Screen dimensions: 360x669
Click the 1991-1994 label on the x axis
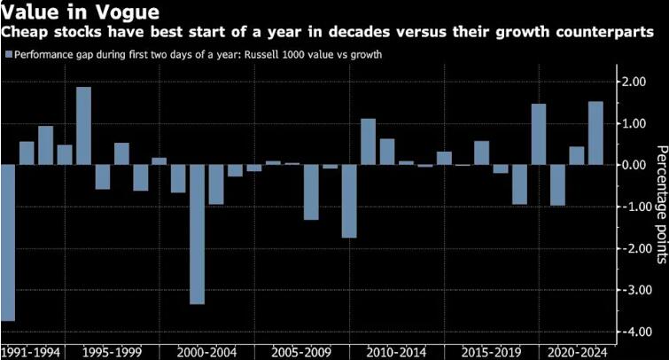32,352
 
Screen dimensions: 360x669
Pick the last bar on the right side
595,133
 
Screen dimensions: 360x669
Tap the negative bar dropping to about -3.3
197,234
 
